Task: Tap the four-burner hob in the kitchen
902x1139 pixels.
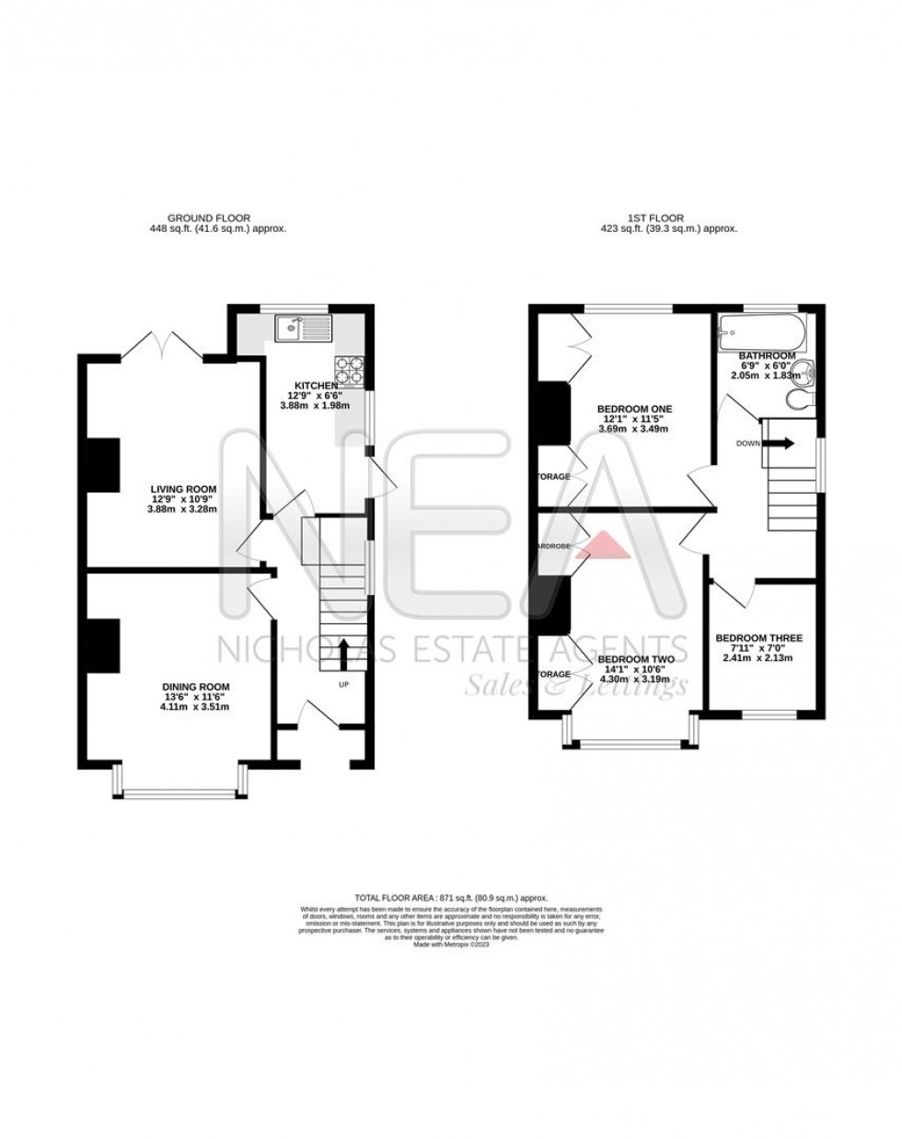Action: point(350,368)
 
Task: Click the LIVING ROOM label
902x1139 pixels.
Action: point(184,489)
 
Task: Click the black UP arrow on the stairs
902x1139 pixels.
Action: point(344,655)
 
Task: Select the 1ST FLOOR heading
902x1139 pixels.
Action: point(655,218)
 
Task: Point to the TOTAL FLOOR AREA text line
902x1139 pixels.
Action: point(451,896)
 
